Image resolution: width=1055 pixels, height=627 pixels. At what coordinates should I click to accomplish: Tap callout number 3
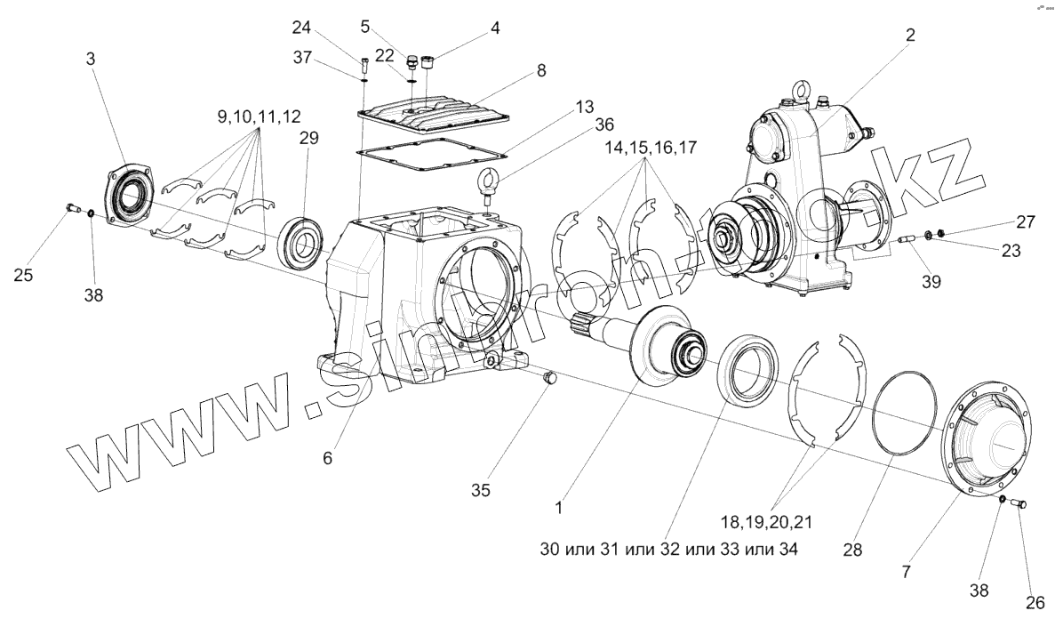91,58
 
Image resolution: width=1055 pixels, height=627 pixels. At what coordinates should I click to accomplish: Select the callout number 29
308,138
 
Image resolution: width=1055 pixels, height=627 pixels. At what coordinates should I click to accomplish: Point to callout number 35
481,489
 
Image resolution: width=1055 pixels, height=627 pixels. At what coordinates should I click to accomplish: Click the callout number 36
604,125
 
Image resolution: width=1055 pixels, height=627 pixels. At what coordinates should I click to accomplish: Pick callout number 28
852,550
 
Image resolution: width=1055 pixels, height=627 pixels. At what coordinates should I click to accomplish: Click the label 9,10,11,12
258,116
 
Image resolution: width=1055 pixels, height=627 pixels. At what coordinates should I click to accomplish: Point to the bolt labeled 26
1020,505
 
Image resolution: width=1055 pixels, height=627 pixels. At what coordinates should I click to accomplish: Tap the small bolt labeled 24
365,63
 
